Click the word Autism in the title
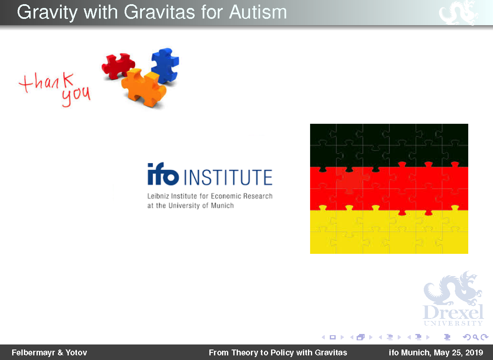pos(258,12)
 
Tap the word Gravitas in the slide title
pos(159,12)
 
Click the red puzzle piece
pos(118,66)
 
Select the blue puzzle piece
pos(165,65)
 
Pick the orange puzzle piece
pos(143,88)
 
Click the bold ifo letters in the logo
pos(163,174)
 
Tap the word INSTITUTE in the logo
pos(228,177)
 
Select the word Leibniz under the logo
pos(158,196)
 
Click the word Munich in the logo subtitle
pos(222,206)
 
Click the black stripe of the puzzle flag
pos(389,145)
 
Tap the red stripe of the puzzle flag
pos(389,189)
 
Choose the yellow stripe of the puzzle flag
pos(389,232)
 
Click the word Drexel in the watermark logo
pos(453,312)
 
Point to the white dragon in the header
pos(458,13)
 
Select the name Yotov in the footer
pos(76,353)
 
